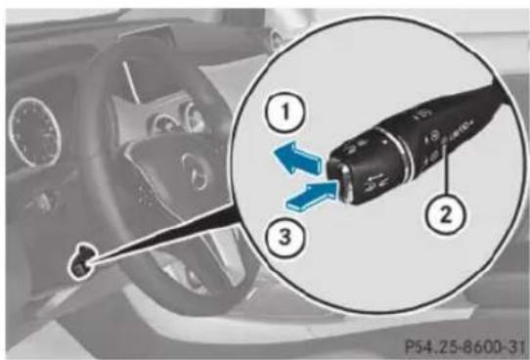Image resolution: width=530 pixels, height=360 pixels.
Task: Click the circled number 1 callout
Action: [x=287, y=112]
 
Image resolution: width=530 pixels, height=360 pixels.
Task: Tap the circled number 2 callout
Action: [x=445, y=214]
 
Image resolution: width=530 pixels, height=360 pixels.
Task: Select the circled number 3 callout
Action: [x=285, y=236]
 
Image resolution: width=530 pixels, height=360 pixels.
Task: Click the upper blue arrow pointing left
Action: [x=296, y=157]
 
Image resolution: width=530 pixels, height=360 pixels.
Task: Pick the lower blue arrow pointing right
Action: [x=311, y=196]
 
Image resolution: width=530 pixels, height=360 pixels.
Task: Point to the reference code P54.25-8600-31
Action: [x=465, y=345]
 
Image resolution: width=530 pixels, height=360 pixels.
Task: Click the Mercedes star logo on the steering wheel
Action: [x=195, y=170]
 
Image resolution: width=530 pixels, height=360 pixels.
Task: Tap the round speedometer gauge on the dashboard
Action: [x=34, y=132]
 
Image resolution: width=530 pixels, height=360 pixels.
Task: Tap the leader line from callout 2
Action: [x=446, y=169]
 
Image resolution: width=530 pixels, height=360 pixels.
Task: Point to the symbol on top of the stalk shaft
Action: [x=420, y=113]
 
